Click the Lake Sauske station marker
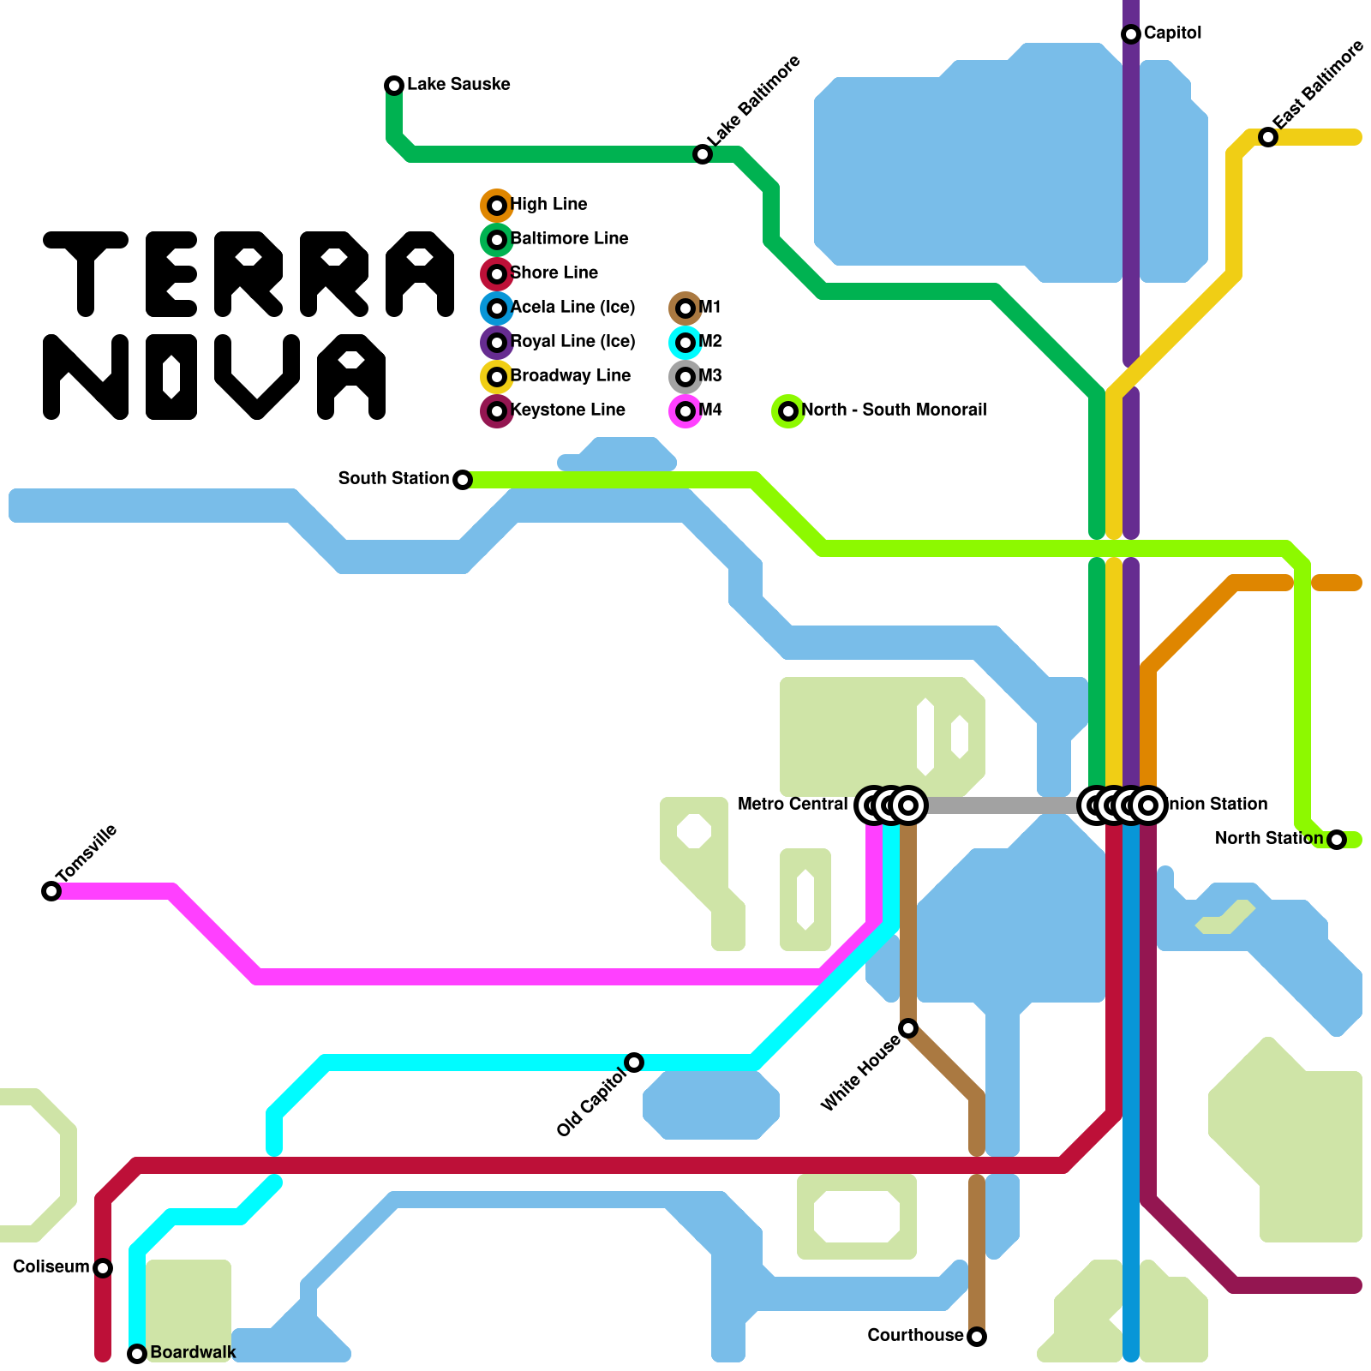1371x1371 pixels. click(394, 85)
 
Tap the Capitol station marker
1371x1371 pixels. click(1131, 33)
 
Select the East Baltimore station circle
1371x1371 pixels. click(1268, 137)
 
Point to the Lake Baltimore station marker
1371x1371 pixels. click(703, 154)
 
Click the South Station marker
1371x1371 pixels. click(463, 480)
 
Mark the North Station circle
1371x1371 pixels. click(1337, 840)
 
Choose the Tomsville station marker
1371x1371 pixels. click(51, 891)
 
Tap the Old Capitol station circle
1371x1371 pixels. click(634, 1063)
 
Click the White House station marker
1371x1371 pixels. click(908, 1028)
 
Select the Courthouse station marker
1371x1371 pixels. click(977, 1337)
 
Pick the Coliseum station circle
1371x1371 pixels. click(103, 1268)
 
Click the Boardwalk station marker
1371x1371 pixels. click(137, 1354)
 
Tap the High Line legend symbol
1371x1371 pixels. click(497, 206)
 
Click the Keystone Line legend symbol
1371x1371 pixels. click(497, 411)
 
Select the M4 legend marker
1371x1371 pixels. click(685, 411)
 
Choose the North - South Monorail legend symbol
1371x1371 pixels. click(788, 411)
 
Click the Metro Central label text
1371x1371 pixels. click(793, 805)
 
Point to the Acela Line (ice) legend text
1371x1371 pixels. click(572, 308)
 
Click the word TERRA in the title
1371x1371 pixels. click(248, 274)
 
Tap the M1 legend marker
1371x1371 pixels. click(685, 308)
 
